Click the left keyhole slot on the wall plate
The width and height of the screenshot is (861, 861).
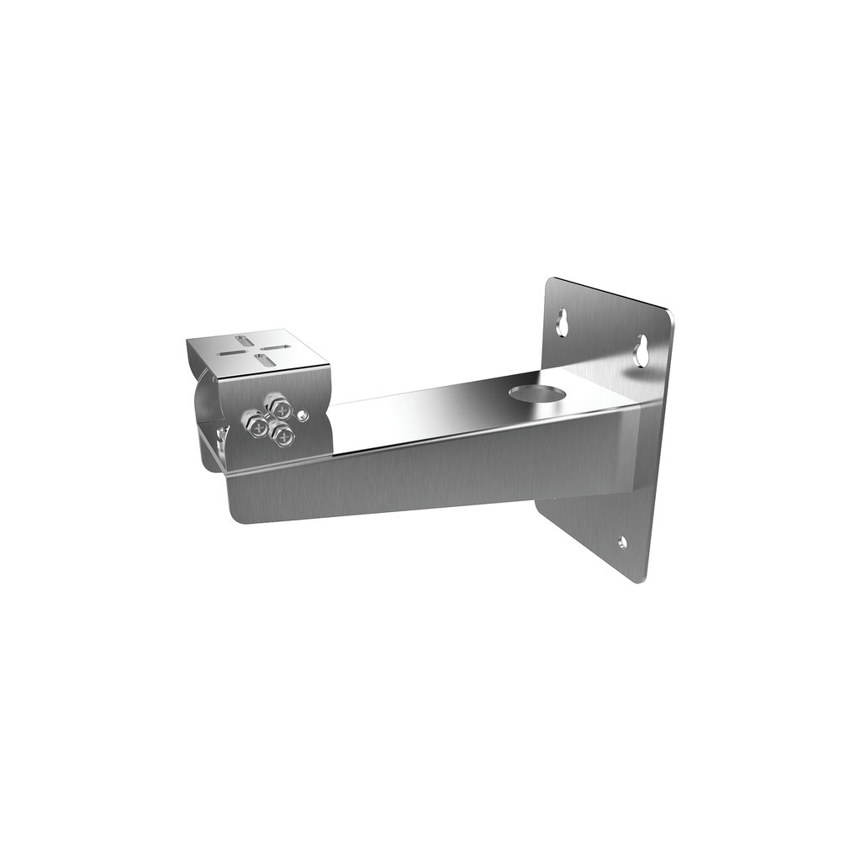(562, 321)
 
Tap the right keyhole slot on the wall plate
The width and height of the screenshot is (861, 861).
(642, 351)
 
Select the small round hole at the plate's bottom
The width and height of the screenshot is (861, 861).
(621, 542)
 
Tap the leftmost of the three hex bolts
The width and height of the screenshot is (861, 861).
(255, 422)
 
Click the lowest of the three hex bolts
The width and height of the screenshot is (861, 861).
(283, 435)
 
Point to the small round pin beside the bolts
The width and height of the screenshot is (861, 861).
(304, 415)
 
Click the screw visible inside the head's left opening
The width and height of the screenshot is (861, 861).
(220, 432)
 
